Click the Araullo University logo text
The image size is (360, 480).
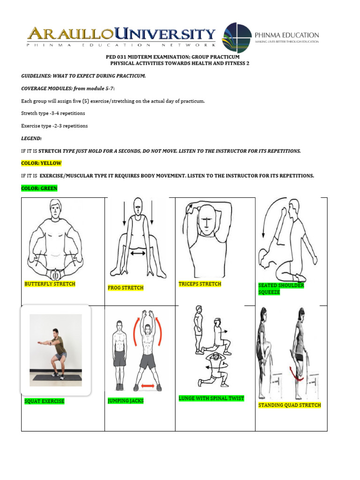[121, 34]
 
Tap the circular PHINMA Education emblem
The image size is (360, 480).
[236, 37]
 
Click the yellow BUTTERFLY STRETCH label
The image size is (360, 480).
[50, 284]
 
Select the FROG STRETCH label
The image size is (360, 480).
[125, 288]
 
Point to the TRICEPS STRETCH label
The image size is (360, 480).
[200, 284]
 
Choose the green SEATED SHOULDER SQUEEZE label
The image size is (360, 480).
[281, 289]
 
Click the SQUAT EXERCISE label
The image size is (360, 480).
[45, 401]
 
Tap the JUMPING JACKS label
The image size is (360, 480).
[125, 401]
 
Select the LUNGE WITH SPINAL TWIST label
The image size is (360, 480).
[211, 398]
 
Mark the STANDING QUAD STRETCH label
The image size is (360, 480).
[289, 405]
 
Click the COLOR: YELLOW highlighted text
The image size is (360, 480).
[41, 163]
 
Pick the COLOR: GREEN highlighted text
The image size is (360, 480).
[39, 188]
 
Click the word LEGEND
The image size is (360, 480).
[31, 138]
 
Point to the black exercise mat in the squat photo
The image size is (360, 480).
[56, 378]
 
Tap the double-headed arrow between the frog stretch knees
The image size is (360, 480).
[138, 253]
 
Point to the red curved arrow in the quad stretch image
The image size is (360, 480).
[296, 373]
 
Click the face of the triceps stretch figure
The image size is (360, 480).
[206, 220]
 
